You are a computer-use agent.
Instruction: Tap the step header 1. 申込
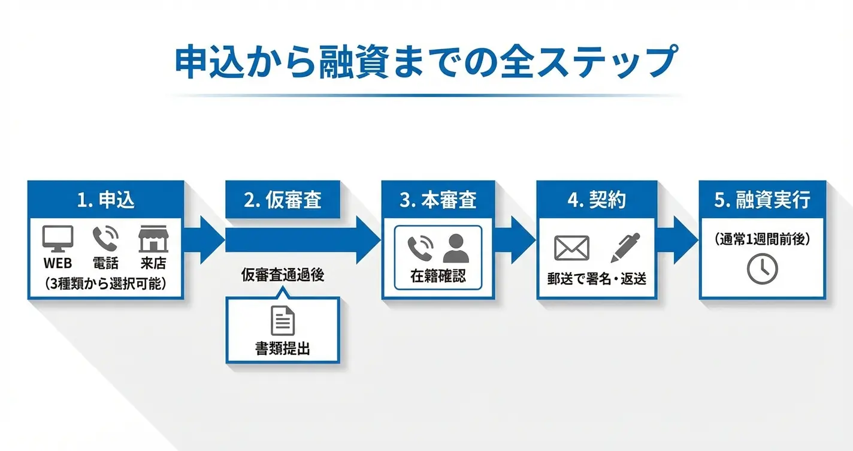coord(105,200)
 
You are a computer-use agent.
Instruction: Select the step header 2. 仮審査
coord(283,200)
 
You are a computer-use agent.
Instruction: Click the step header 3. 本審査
coord(438,200)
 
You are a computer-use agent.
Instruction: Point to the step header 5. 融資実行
coord(763,200)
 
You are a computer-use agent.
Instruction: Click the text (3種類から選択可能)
coord(105,284)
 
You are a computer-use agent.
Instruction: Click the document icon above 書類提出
coord(283,321)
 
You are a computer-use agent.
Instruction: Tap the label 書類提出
coord(283,349)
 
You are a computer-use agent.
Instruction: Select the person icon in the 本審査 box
coord(456,248)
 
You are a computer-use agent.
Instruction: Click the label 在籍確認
coord(438,276)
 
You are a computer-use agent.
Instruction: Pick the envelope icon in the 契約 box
coord(571,248)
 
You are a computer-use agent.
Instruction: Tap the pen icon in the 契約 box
coord(625,248)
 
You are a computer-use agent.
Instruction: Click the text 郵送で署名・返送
coord(597,278)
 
